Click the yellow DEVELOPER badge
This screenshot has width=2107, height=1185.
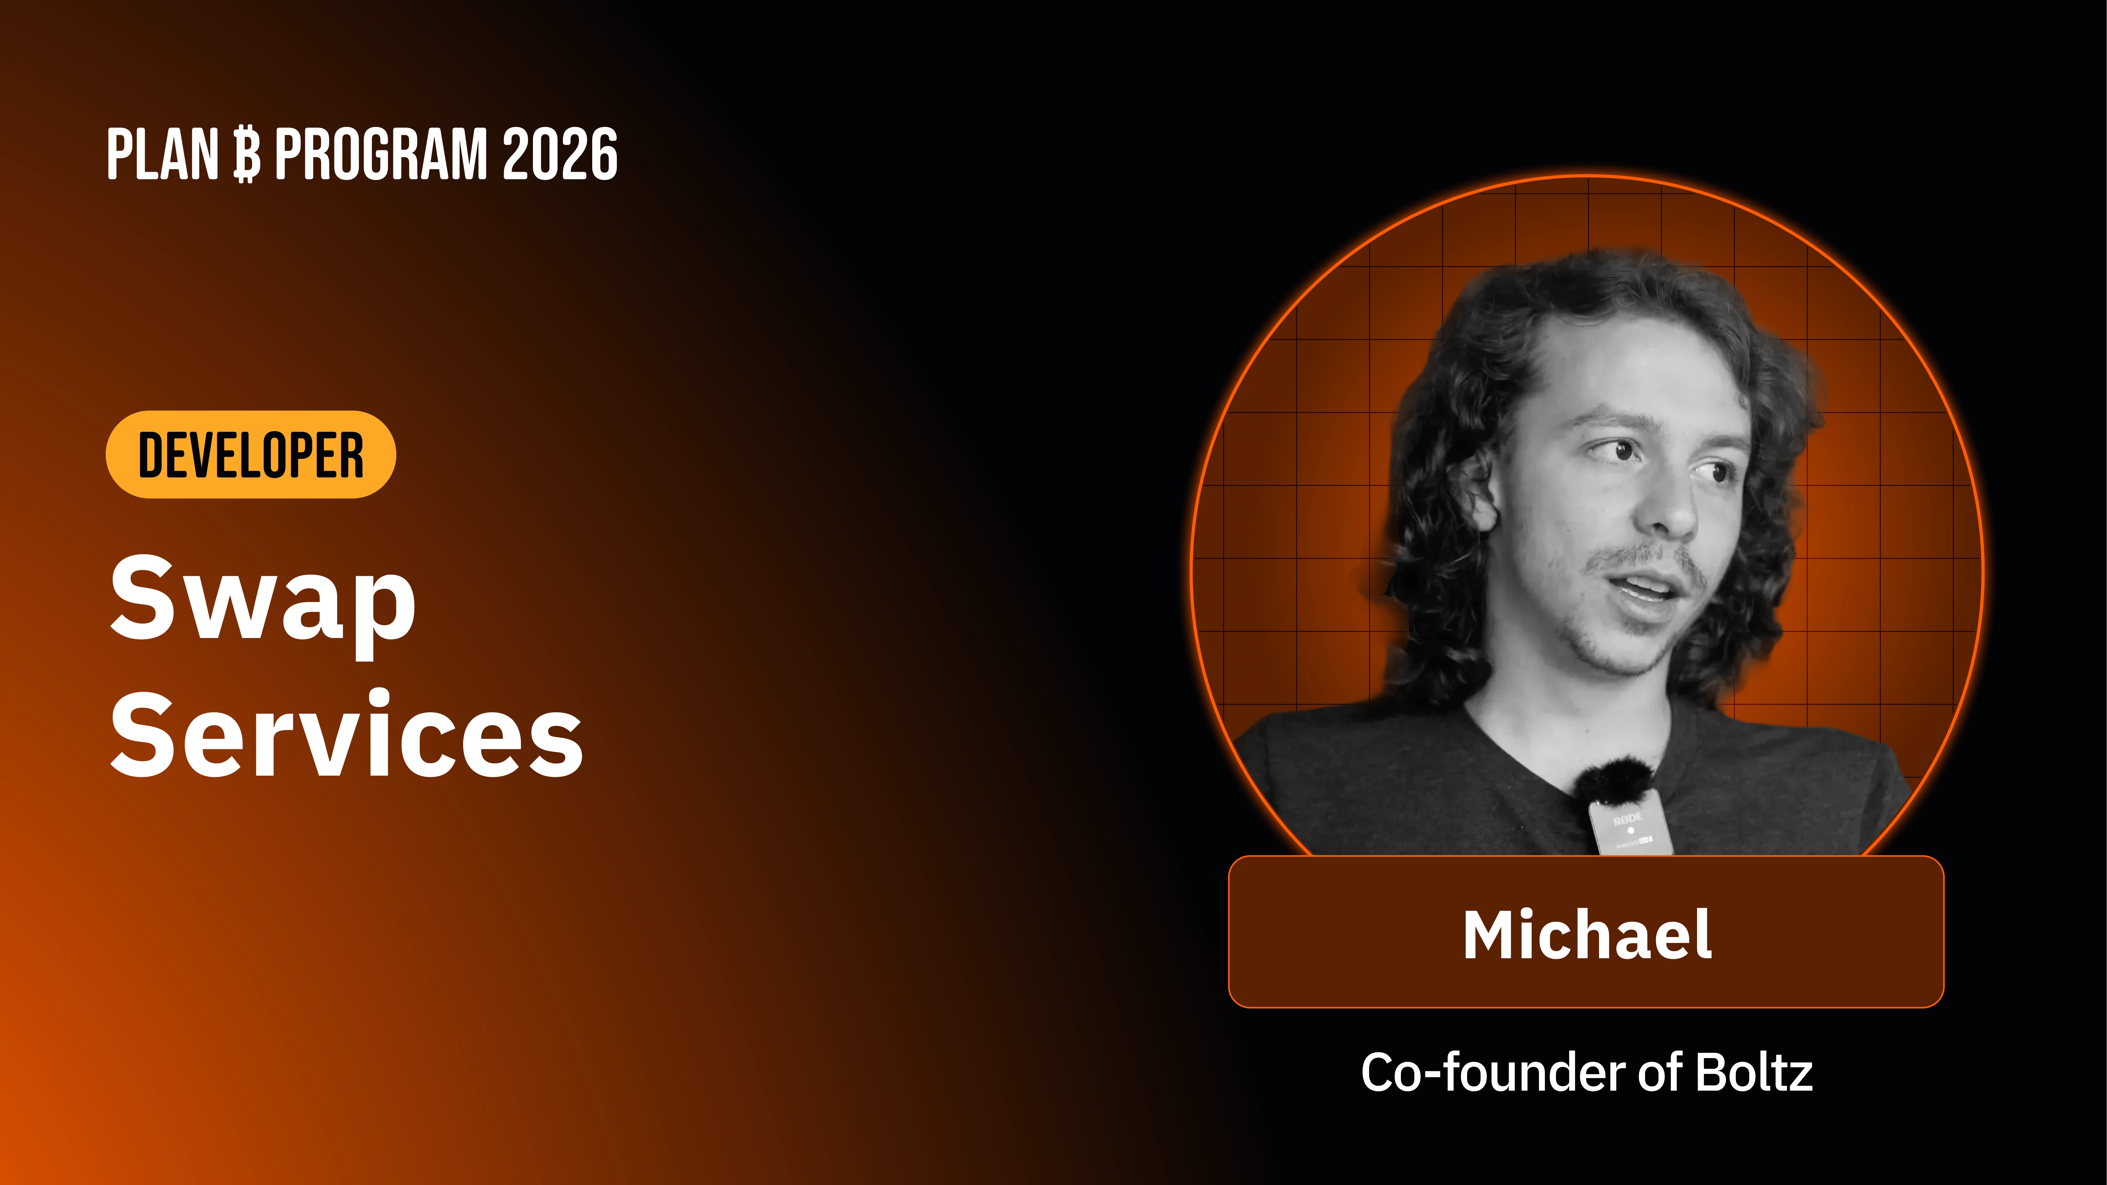click(x=250, y=455)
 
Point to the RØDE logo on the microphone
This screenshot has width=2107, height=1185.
click(x=1627, y=818)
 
